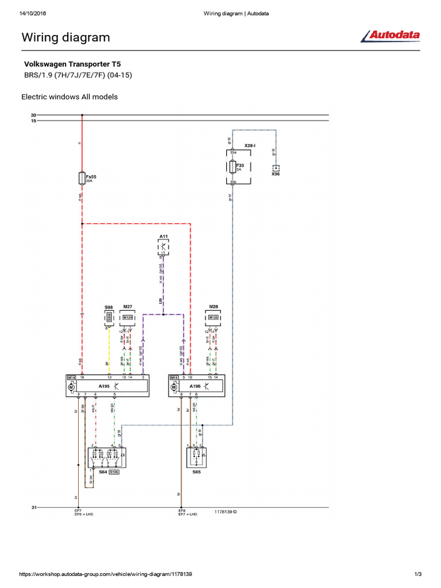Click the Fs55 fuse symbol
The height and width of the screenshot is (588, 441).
(x=82, y=178)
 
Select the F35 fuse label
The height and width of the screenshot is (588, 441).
(x=240, y=165)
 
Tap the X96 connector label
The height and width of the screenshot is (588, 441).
(x=276, y=174)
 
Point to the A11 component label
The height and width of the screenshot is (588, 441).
(x=164, y=237)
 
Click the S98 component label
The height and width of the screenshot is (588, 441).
(x=109, y=308)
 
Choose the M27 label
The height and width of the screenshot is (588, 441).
(x=127, y=308)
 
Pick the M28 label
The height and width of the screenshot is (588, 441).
(x=214, y=308)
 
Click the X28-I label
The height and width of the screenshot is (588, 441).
(x=250, y=146)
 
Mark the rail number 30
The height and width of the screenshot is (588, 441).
(x=33, y=115)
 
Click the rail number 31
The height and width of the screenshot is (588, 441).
(x=33, y=507)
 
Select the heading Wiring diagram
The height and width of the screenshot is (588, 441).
(x=65, y=37)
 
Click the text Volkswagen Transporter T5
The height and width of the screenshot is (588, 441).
(x=72, y=65)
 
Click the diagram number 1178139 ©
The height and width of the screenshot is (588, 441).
(x=226, y=510)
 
